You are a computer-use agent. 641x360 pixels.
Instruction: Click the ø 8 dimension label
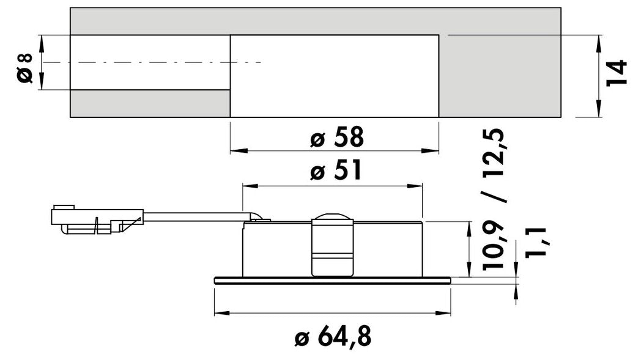click(25, 67)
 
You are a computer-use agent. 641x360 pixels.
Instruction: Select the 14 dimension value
click(617, 73)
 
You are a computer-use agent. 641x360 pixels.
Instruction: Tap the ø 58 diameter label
click(337, 138)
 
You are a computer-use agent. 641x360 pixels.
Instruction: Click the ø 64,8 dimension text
click(333, 337)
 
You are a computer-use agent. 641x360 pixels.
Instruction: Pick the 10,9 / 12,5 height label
click(494, 199)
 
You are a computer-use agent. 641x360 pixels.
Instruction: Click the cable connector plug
click(97, 219)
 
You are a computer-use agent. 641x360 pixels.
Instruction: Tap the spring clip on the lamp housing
click(332, 245)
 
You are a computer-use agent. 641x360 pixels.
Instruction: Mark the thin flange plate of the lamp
click(332, 280)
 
